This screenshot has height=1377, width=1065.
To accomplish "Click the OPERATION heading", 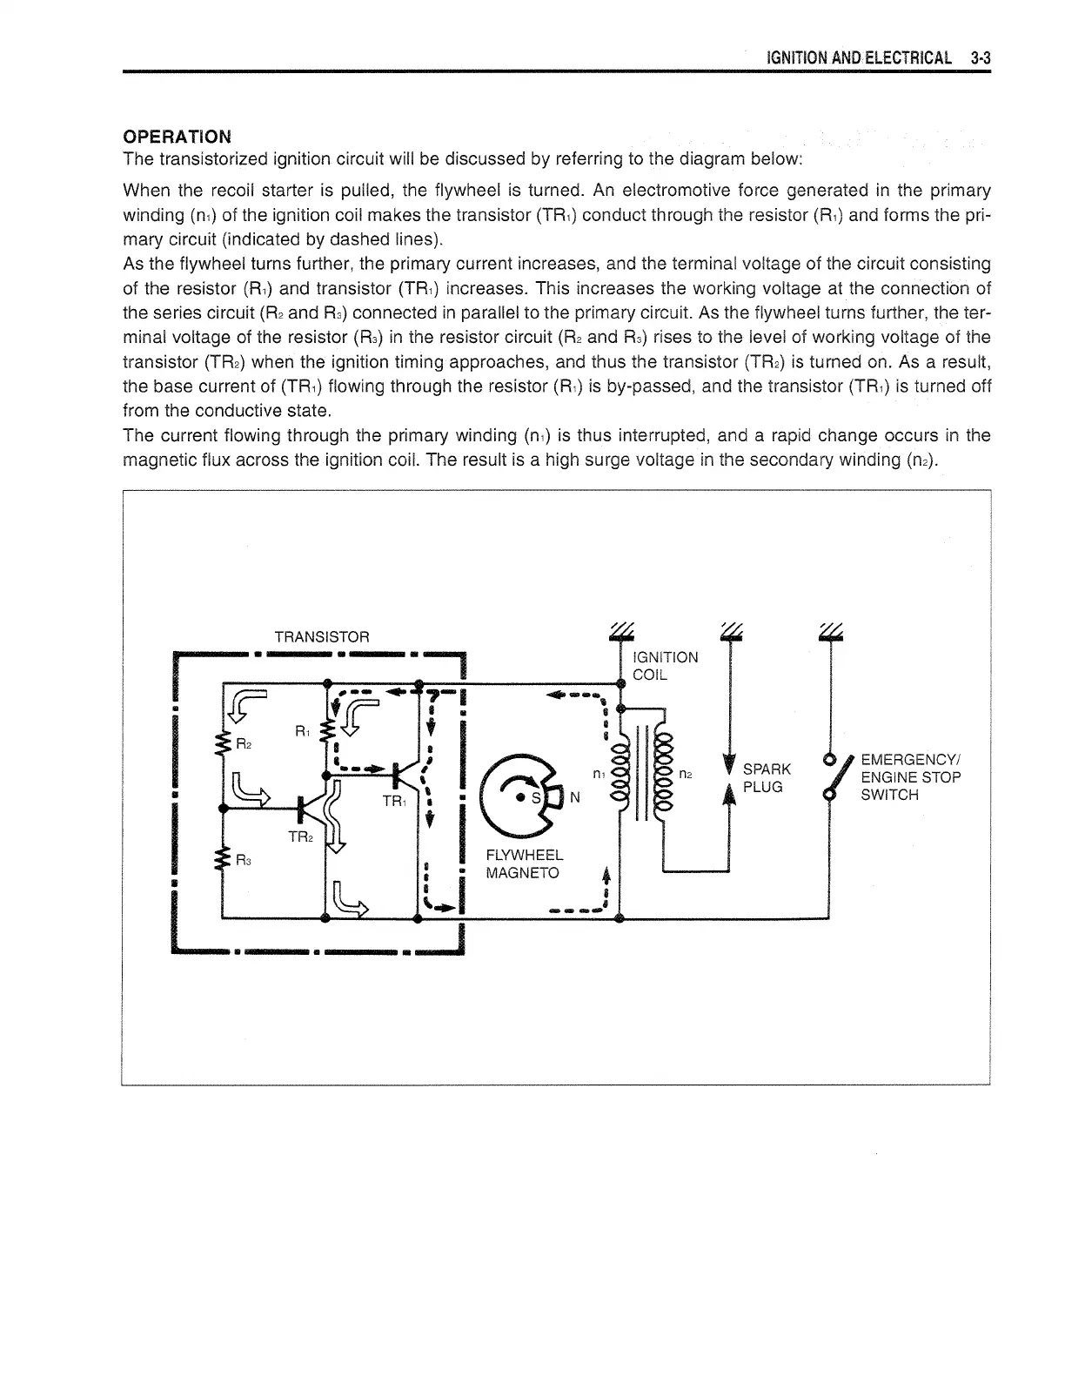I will pos(177,137).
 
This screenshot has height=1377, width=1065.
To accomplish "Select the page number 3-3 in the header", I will pos(980,58).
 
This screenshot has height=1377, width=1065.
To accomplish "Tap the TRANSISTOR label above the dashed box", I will pos(322,637).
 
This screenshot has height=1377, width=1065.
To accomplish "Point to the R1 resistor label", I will pos(302,731).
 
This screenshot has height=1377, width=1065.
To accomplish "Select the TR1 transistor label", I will pos(394,801).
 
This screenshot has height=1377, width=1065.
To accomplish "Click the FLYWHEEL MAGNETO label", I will pos(525,864).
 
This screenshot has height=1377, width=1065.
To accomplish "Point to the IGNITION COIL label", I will pos(666,666).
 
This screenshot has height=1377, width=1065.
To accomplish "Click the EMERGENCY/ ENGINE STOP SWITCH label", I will pos(910,777).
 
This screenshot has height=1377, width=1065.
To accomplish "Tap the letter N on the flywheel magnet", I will pos(574,798).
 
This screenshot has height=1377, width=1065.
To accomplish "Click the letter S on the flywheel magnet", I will pos(535,798).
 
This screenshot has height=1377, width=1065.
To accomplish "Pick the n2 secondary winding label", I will pos(686,773).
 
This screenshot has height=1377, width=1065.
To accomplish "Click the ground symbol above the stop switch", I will pos(832,633).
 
